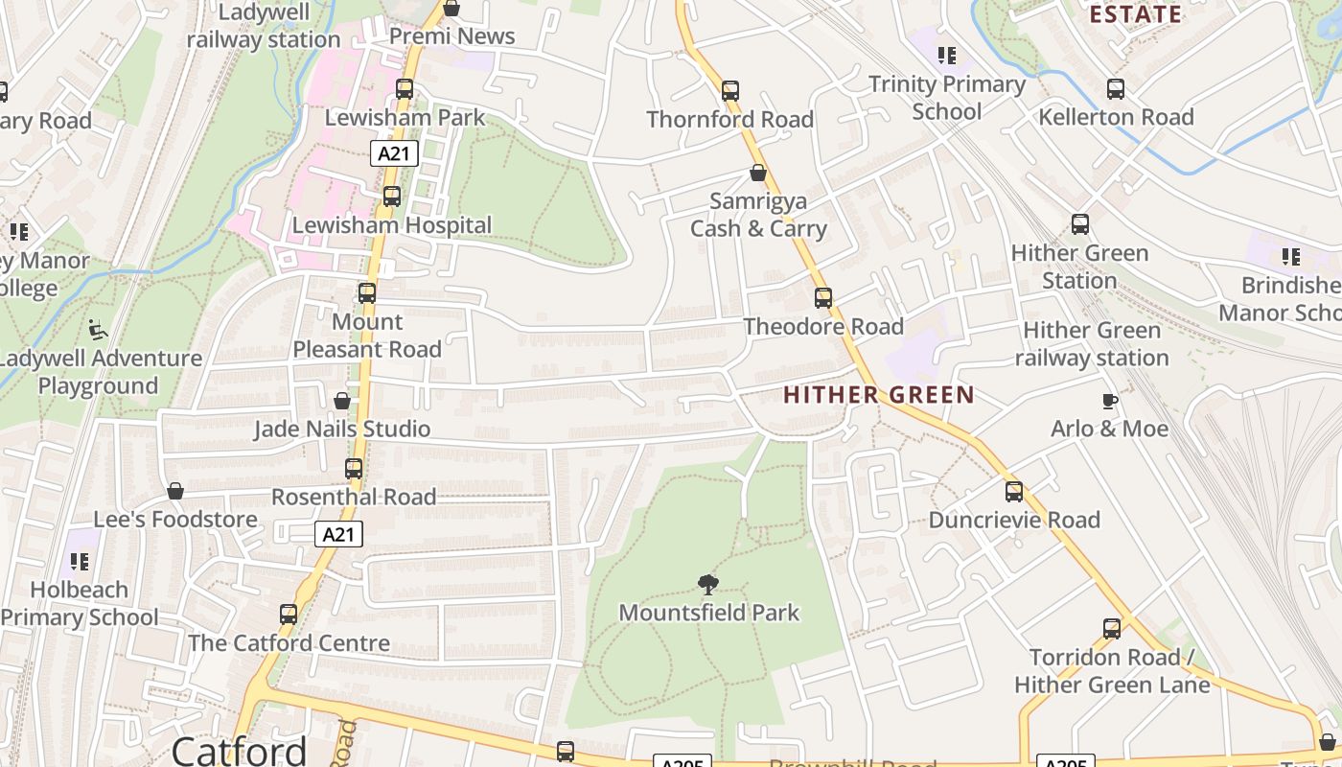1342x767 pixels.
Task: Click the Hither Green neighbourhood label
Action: pos(878,394)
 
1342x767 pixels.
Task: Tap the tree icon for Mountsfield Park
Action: pos(708,584)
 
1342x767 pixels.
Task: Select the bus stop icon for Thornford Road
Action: pos(730,91)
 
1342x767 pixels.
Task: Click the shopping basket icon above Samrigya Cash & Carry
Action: pos(757,174)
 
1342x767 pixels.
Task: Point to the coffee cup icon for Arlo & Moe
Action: pos(1109,401)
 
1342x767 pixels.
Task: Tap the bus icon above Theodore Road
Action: pos(822,298)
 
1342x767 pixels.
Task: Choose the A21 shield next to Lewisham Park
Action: pos(395,153)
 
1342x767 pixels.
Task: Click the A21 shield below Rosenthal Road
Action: pos(339,534)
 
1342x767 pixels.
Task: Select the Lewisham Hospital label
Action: pos(392,225)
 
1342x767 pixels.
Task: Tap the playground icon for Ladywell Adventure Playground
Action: pos(97,330)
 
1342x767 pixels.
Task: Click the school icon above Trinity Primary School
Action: pos(947,56)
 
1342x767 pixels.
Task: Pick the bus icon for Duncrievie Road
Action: pos(1014,492)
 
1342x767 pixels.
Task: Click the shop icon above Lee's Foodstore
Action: pos(175,492)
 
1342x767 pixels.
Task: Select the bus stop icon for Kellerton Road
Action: pos(1116,89)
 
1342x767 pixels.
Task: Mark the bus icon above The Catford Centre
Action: pos(289,615)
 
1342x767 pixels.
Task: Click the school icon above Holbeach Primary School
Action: pos(80,562)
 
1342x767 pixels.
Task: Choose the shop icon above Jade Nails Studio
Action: pos(342,401)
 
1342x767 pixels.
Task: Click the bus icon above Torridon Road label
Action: pos(1112,629)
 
